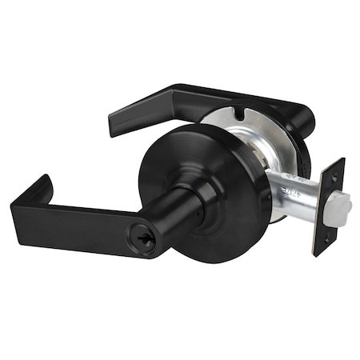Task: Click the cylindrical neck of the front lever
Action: pyautogui.click(x=172, y=203)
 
